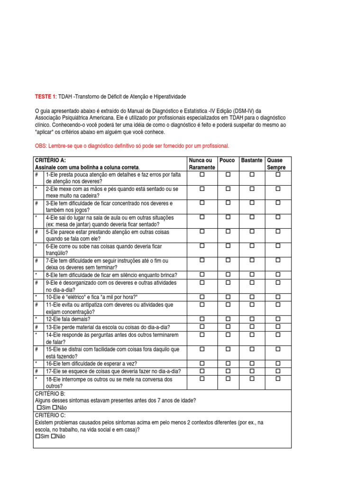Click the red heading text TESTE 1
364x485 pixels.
point(45,97)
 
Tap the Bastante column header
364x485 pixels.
point(252,161)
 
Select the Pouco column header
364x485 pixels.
point(227,161)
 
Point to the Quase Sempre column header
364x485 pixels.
point(277,164)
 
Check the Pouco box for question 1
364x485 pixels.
point(227,175)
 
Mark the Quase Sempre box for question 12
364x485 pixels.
point(278,319)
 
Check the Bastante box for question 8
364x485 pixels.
point(252,275)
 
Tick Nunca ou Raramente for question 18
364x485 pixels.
point(202,379)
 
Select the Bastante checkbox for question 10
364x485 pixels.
point(252,296)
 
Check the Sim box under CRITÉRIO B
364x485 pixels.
point(39,407)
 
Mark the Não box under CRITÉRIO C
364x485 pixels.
point(55,436)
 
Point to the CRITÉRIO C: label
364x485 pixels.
point(50,415)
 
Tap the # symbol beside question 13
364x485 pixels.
point(36,327)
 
